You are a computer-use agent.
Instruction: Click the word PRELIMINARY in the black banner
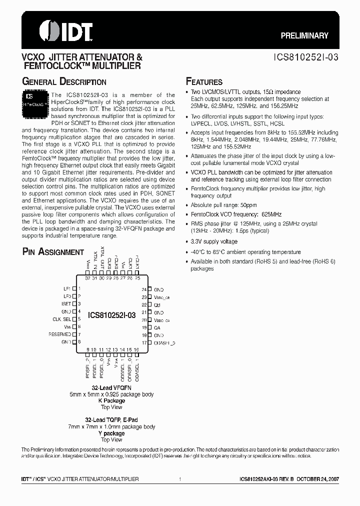tap(304, 35)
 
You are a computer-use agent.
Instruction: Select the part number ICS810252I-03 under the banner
tap(305, 57)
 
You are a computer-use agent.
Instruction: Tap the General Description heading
tap(64, 82)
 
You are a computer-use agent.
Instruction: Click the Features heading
tap(204, 82)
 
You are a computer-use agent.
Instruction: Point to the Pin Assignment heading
tap(53, 252)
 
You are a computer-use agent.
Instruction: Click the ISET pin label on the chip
tap(66, 304)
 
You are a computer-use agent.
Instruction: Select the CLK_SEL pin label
tap(62, 319)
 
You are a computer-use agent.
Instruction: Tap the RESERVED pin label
tap(59, 334)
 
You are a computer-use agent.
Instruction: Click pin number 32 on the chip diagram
tap(88, 278)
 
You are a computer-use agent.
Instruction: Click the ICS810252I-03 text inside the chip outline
tap(111, 315)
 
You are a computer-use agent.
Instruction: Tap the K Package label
tap(111, 400)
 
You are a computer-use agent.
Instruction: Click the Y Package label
tap(111, 433)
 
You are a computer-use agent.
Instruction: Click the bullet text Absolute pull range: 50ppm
tap(225, 205)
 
